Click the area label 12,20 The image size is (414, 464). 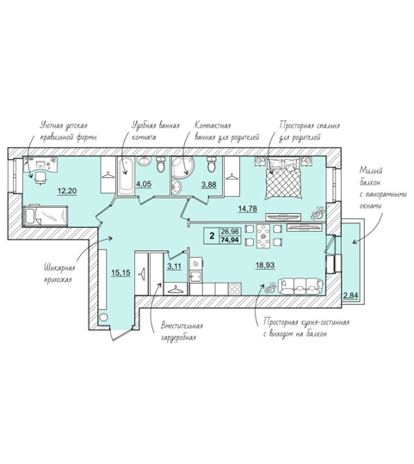(x=67, y=191)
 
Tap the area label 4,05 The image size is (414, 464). (x=144, y=184)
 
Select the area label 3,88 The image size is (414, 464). (x=209, y=185)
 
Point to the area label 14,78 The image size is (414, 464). (x=247, y=209)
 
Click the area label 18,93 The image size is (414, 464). (x=265, y=266)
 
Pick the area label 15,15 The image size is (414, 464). (x=120, y=272)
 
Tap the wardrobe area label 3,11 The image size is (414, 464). (x=174, y=266)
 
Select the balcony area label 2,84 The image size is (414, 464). (x=350, y=296)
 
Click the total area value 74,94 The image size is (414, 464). (x=230, y=240)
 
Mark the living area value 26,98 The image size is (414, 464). (x=230, y=231)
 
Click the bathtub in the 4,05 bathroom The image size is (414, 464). (x=127, y=176)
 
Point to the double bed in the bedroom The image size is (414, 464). (x=284, y=178)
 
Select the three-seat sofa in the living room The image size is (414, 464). (x=301, y=286)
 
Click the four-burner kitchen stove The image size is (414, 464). (x=235, y=289)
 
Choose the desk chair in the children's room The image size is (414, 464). (x=41, y=178)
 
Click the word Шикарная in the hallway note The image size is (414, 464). (x=59, y=268)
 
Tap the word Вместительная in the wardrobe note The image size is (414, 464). (x=182, y=327)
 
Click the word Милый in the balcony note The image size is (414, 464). (x=371, y=171)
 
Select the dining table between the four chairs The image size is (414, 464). (x=263, y=236)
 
